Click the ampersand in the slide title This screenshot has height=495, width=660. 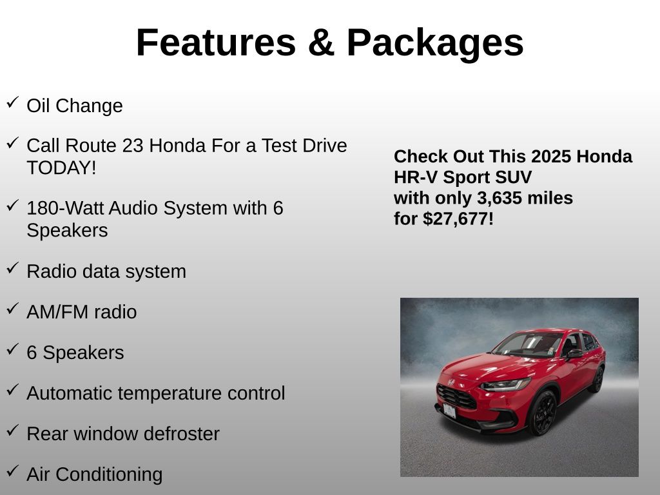pyautogui.click(x=321, y=43)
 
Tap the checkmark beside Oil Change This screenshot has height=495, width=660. pyautogui.click(x=13, y=102)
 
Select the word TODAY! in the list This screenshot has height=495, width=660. pyautogui.click(x=61, y=168)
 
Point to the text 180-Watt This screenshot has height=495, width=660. pyautogui.click(x=65, y=208)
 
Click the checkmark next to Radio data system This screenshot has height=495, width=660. pyautogui.click(x=13, y=267)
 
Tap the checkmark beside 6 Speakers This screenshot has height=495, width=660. pyautogui.click(x=13, y=349)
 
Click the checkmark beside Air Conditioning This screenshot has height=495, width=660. pyautogui.click(x=13, y=471)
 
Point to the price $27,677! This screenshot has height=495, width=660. pyautogui.click(x=458, y=219)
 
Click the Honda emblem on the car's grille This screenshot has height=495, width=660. pyautogui.click(x=451, y=382)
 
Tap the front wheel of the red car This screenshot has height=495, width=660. pyautogui.click(x=543, y=412)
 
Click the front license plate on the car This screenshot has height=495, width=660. pyautogui.click(x=449, y=411)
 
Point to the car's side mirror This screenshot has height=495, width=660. pyautogui.click(x=574, y=353)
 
